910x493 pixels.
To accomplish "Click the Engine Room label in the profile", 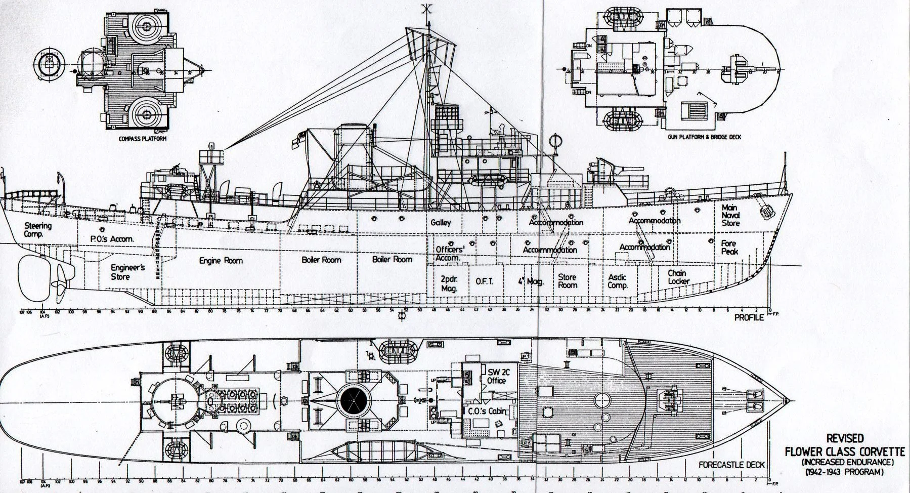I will pos(221,261).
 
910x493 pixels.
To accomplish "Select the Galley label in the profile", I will pos(441,223).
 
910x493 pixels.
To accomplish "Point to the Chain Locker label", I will pos(678,277).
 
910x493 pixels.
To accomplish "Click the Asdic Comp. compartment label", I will pos(617,281).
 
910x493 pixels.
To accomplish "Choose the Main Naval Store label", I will pos(730,215).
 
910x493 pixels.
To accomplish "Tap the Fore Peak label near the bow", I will pos(729,248).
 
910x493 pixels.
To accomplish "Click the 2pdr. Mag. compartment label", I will pos(449,284).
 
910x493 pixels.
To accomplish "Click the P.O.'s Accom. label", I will pos(112,239).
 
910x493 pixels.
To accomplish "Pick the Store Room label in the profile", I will pos(567,281).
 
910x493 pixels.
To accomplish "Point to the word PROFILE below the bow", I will pos(749,318).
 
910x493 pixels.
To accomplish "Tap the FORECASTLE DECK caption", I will pos(731,465).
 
